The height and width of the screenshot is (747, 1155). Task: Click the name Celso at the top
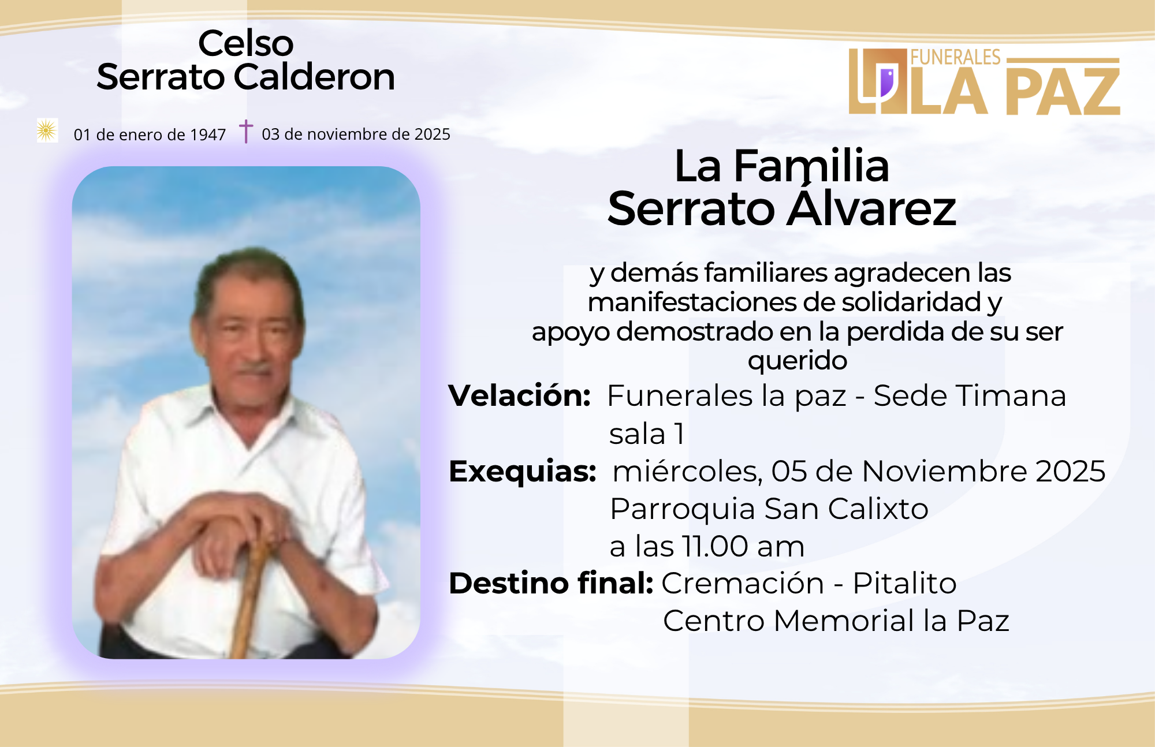[x=246, y=43]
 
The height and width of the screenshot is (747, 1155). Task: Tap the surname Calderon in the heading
[x=315, y=77]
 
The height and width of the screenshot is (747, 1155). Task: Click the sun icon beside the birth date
[x=47, y=130]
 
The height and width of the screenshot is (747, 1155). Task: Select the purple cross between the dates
[x=246, y=131]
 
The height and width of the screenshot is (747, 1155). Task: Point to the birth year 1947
[x=208, y=135]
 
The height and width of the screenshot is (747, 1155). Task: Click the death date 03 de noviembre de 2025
[x=356, y=134]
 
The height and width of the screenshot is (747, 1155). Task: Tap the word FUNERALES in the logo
[x=956, y=57]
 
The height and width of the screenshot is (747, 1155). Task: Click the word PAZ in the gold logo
[x=1063, y=91]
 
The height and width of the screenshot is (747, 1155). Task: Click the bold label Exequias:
[x=523, y=472]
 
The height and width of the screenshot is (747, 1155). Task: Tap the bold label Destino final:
[x=551, y=582]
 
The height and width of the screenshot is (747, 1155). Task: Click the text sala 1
[x=647, y=434]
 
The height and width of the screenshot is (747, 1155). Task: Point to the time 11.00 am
[x=743, y=546]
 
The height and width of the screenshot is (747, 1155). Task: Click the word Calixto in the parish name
[x=878, y=509]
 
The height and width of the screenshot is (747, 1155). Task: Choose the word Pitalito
[x=904, y=583]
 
